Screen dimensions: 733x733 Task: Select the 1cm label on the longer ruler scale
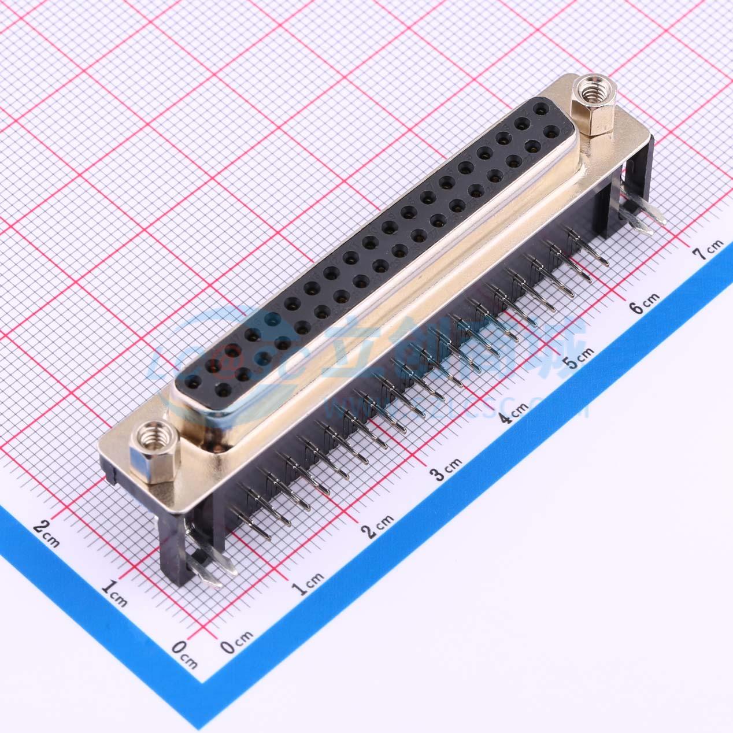pos(312,582)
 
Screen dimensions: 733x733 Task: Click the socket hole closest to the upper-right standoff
pos(541,108)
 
